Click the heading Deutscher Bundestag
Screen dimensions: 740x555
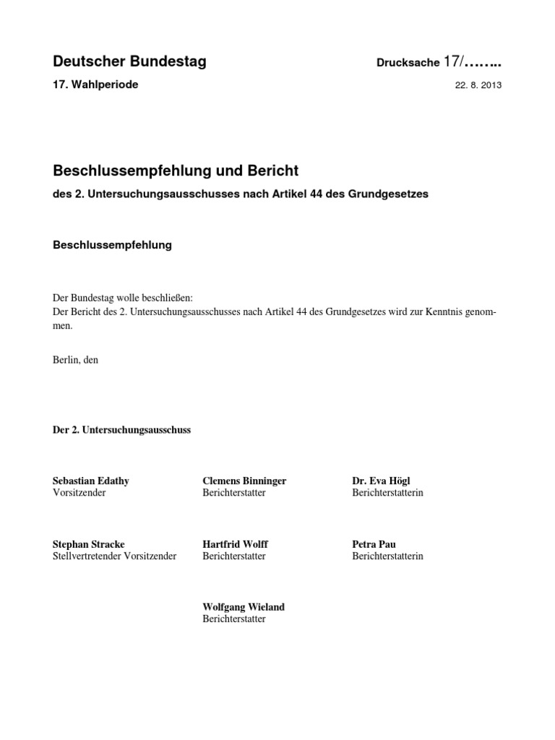[x=129, y=62]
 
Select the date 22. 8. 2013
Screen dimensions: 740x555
[x=478, y=85]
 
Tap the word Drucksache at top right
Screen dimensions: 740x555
[x=408, y=64]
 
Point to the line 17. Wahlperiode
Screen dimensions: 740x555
[x=95, y=85]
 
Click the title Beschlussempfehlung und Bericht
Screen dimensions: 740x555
[x=176, y=171]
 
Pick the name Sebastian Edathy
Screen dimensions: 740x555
[x=91, y=481]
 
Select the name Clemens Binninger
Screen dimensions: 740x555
[x=244, y=481]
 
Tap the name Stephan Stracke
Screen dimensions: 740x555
[x=89, y=544]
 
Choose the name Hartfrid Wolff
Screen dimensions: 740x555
[x=236, y=544]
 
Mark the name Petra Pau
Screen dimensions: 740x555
[x=374, y=544]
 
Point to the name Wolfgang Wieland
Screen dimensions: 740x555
[x=244, y=607]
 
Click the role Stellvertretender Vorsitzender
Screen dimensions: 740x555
[x=115, y=556]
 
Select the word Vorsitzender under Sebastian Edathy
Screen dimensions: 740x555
[x=79, y=493]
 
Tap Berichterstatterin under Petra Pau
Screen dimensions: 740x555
[x=387, y=556]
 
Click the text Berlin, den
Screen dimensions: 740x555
[x=76, y=359]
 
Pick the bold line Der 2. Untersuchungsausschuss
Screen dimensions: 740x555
[x=122, y=430]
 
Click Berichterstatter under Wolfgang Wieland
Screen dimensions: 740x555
[x=234, y=619]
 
